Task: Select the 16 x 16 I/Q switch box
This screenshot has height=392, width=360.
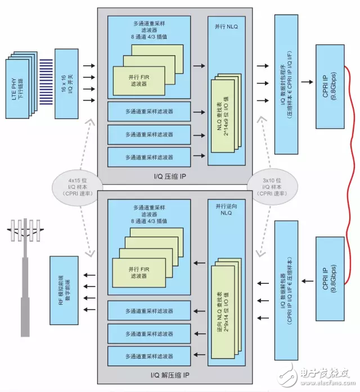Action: (x=66, y=83)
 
